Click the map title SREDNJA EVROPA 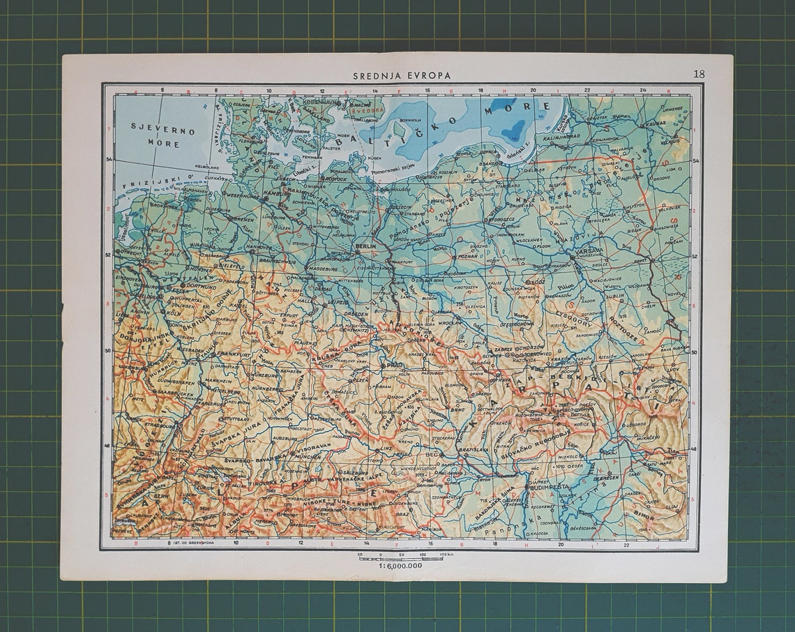(x=402, y=75)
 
